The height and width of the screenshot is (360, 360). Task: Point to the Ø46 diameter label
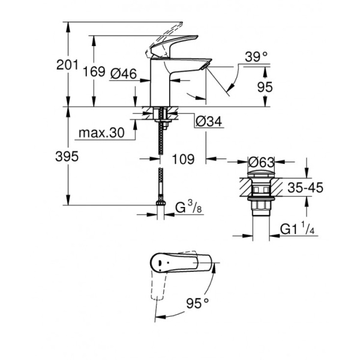point(124,74)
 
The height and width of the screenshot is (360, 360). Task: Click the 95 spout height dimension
point(265,87)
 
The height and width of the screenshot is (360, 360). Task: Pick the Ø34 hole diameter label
point(209,122)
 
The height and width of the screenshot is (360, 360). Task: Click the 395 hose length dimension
point(67,157)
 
